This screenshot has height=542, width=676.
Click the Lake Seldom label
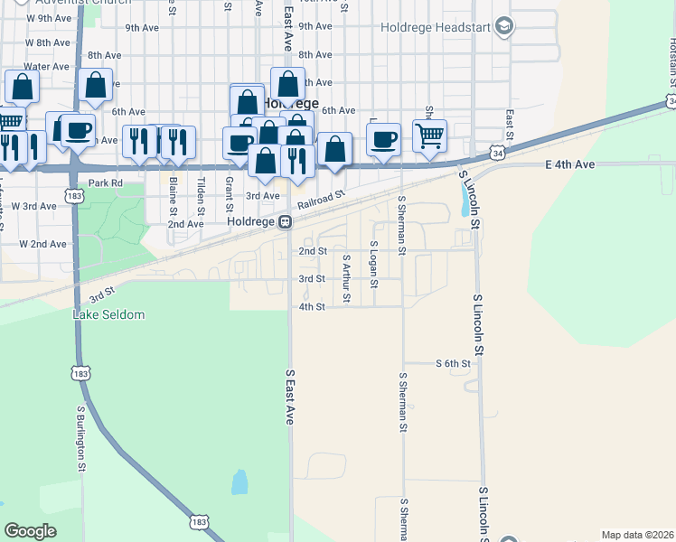108,314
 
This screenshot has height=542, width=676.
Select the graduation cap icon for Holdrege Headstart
505,25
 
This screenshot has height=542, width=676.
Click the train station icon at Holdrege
284,221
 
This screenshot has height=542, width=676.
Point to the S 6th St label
454,364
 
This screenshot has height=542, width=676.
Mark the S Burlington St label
80,438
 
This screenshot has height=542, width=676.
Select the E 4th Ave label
570,164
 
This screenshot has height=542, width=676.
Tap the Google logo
30,531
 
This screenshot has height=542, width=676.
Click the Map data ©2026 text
637,535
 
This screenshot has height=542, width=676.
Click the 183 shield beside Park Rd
75,194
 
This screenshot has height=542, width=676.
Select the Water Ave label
47,66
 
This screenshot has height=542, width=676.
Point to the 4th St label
311,306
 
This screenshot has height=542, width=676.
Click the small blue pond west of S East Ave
239,481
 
